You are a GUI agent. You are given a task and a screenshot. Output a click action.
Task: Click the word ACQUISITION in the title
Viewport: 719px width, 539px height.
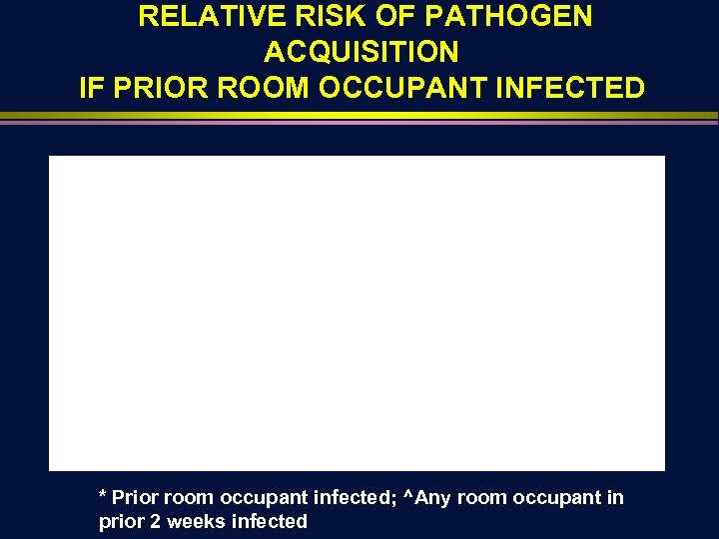pyautogui.click(x=360, y=52)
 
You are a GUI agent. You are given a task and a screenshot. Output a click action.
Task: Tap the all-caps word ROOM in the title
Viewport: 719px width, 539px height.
pyautogui.click(x=267, y=88)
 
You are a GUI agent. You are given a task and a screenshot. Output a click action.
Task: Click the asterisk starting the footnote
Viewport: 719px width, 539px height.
pyautogui.click(x=102, y=494)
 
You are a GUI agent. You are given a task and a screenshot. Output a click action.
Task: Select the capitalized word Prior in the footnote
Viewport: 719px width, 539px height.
pyautogui.click(x=135, y=497)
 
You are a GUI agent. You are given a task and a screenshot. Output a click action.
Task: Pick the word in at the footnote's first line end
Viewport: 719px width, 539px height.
pyautogui.click(x=614, y=497)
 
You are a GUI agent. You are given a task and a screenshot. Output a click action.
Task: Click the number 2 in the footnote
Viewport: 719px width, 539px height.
pyautogui.click(x=157, y=521)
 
